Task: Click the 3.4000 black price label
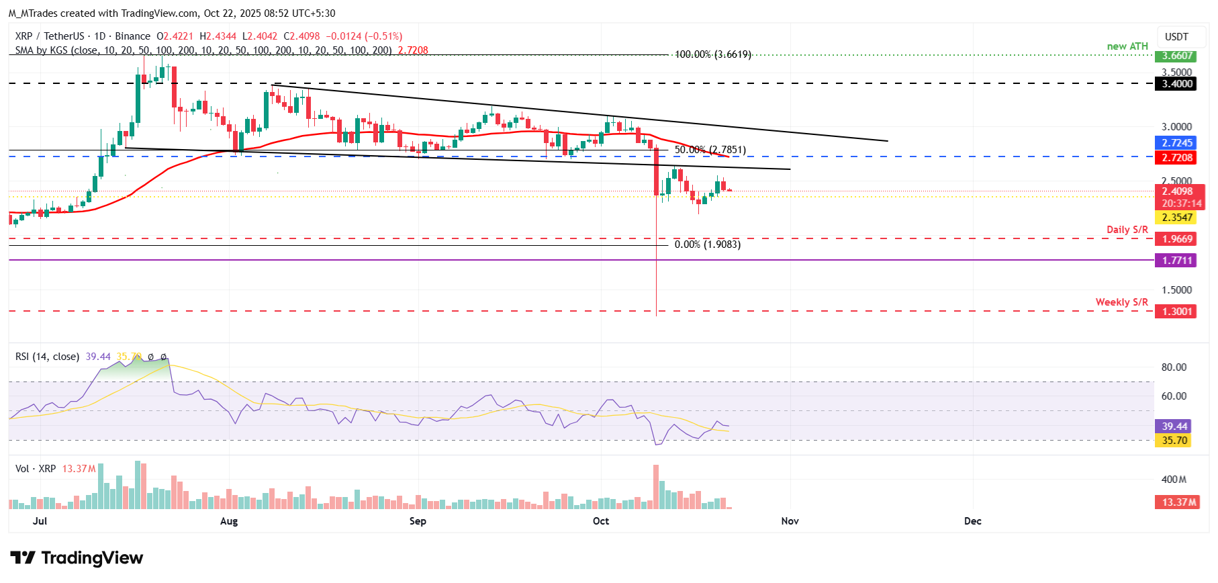1177,84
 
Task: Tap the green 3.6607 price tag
1177,56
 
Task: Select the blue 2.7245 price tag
1177,143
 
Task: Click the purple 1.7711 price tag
1177,261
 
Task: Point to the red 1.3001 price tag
1177,312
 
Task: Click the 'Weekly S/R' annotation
1121,302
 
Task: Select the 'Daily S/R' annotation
1127,230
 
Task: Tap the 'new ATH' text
1127,46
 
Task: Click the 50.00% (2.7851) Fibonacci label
710,150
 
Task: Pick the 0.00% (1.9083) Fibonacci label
707,244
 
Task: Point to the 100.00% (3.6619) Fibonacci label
712,54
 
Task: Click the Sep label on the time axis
418,521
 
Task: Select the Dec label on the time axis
972,521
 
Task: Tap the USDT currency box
1176,37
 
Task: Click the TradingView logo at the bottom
77,558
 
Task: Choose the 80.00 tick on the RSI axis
1174,367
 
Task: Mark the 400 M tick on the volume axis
1174,480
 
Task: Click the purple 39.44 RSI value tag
1174,427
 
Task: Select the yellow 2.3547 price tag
1177,218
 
